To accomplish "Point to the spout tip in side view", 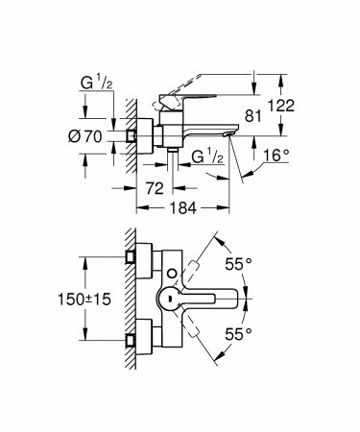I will click(x=227, y=138).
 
